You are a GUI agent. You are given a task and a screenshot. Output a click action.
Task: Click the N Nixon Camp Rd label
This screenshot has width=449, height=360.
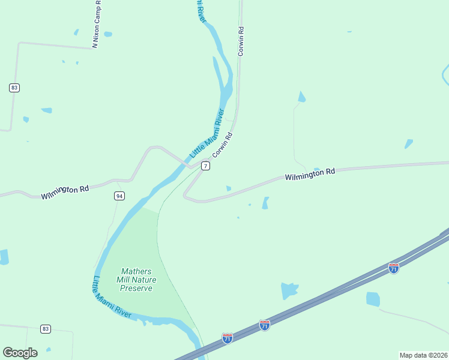coord(96,23)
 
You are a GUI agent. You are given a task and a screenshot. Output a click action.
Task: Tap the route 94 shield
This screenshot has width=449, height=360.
coord(119,196)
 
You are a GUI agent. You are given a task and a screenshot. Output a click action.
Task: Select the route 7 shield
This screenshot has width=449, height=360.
coord(205,166)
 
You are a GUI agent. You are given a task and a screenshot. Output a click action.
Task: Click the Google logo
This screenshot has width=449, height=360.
coord(20,352)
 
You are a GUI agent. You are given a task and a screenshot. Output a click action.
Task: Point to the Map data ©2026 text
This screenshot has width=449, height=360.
coord(423,355)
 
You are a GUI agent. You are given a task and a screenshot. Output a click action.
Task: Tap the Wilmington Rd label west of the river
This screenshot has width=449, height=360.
coord(65,192)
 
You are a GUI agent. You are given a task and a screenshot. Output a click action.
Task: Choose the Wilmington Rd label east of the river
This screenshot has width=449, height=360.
coord(310,175)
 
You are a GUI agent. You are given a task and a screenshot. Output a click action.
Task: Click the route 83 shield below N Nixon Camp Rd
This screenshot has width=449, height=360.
coord(14,88)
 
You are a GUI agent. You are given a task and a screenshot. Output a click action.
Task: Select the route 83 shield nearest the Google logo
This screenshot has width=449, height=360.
coord(46,329)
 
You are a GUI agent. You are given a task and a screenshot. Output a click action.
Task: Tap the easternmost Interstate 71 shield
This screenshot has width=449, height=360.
coord(393,268)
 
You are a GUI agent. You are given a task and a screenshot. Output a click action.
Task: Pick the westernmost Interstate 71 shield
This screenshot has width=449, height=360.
coord(227,338)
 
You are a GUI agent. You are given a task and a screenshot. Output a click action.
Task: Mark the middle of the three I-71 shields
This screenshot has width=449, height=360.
coord(265,325)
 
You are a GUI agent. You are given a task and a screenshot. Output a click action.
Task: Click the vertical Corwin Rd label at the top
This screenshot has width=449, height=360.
coord(241,41)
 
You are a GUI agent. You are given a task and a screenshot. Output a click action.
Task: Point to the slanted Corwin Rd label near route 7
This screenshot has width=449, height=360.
coord(222,145)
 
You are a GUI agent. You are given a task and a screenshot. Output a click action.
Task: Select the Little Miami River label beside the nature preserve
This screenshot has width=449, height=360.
coord(112,298)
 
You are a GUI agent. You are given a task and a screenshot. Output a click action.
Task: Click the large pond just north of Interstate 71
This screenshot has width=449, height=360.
coord(289,291)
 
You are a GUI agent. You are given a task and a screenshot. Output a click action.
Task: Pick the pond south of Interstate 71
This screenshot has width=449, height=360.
coord(373,299)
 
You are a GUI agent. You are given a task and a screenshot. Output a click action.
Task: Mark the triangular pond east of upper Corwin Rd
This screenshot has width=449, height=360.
coord(301,97)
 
